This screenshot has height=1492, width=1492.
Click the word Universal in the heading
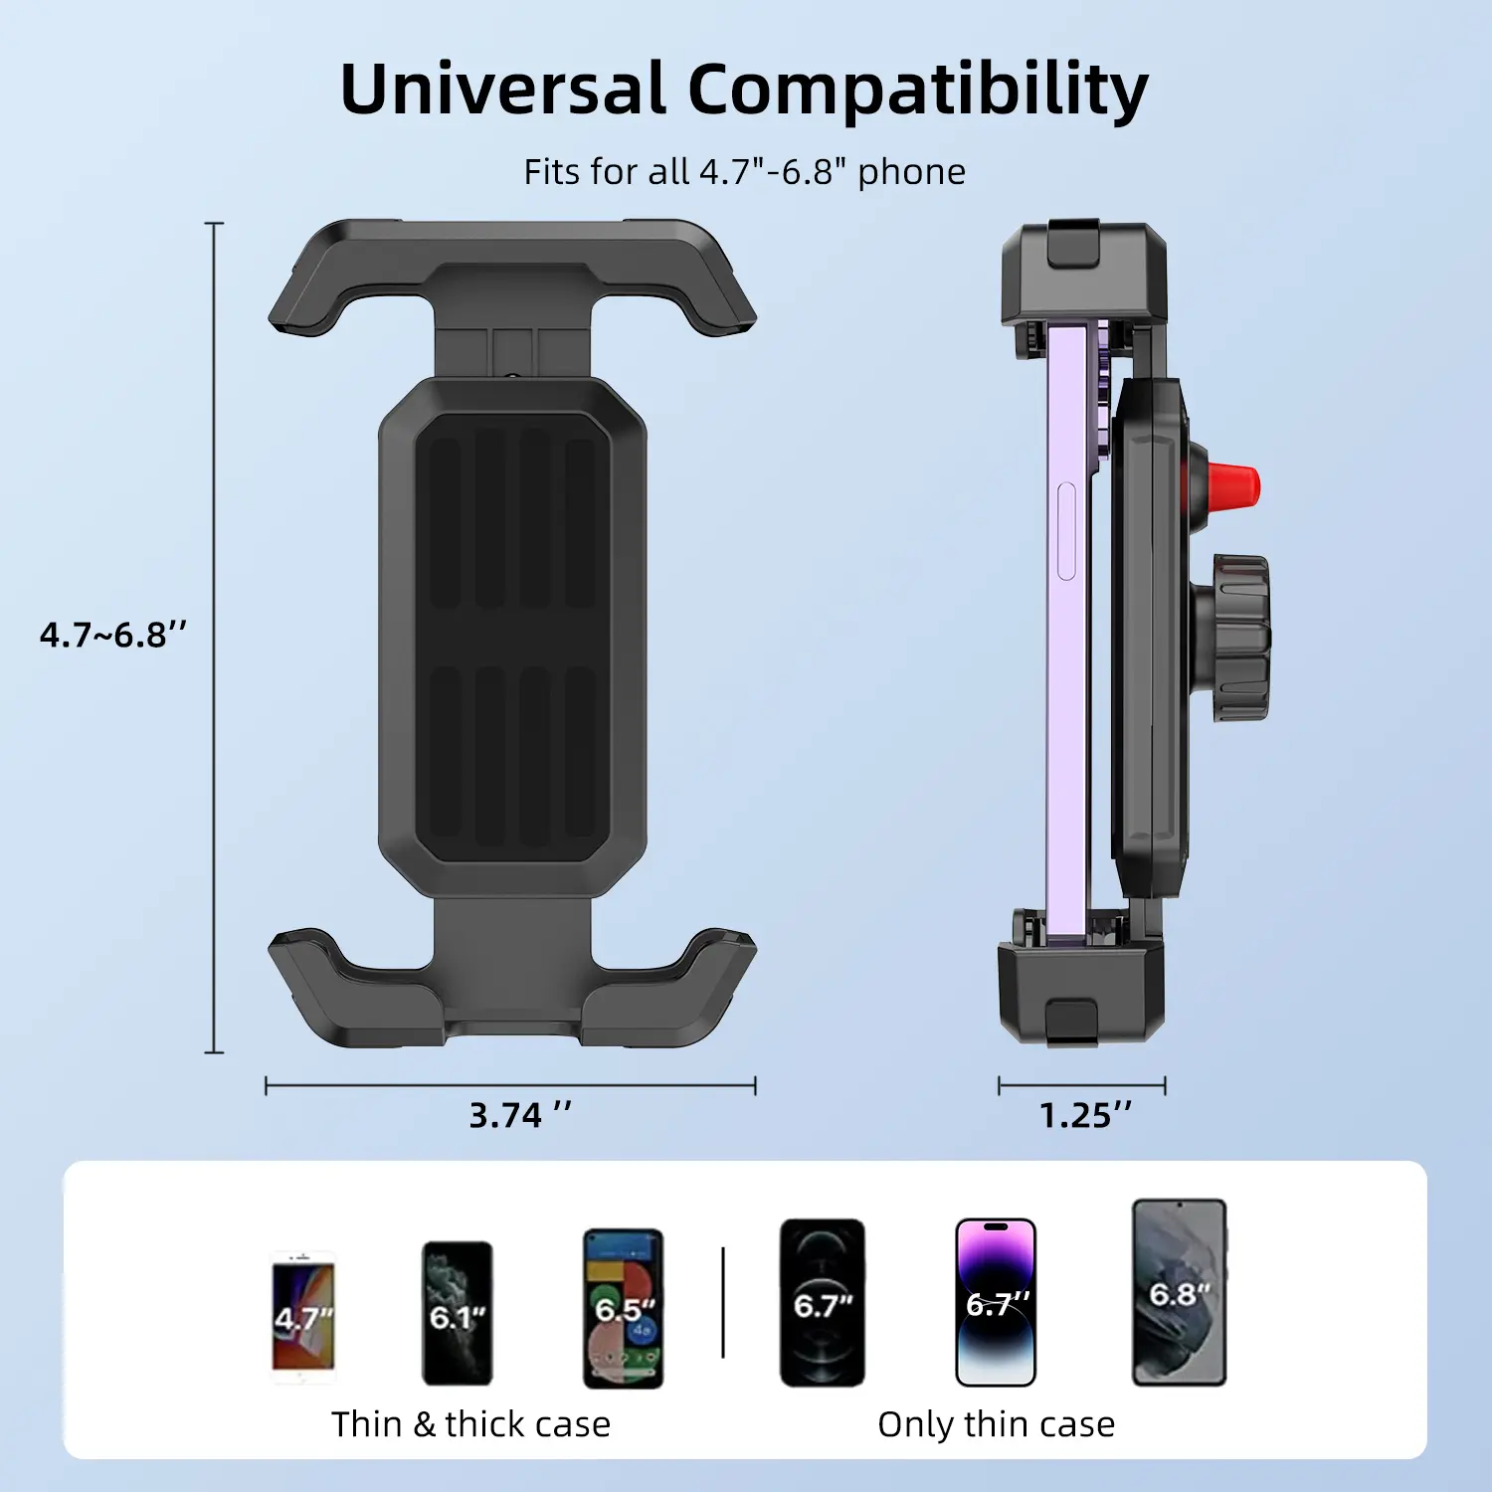pyautogui.click(x=501, y=90)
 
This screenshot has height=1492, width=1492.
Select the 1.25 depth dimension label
pyautogui.click(x=1085, y=1115)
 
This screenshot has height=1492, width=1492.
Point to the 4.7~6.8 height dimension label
pyautogui.click(x=112, y=635)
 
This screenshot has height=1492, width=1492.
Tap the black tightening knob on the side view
pyautogui.click(x=1239, y=638)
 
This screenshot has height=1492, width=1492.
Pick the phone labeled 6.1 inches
pyautogui.click(x=457, y=1313)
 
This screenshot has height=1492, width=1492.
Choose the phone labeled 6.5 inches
pyautogui.click(x=623, y=1308)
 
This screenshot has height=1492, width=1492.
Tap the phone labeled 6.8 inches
pyautogui.click(x=1179, y=1291)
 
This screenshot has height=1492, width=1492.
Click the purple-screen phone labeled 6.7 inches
pyautogui.click(x=996, y=1302)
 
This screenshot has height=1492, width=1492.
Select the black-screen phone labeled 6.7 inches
pyautogui.click(x=822, y=1302)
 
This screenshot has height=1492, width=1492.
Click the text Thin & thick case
pyautogui.click(x=470, y=1424)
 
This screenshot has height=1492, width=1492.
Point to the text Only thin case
pyautogui.click(x=996, y=1424)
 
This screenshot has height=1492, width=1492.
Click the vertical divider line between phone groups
pyautogui.click(x=723, y=1302)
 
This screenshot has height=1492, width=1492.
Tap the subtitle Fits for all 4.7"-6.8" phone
pyautogui.click(x=744, y=172)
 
